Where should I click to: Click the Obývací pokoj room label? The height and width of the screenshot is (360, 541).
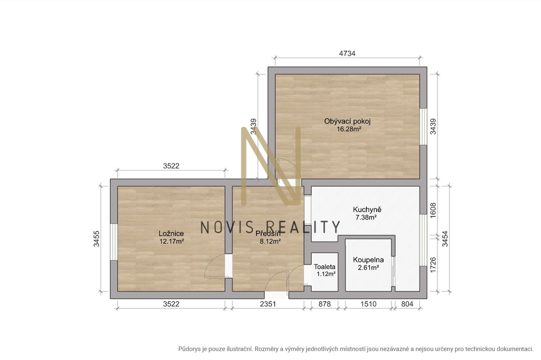(x=348, y=121)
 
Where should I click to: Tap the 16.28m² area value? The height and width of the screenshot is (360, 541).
(x=349, y=129)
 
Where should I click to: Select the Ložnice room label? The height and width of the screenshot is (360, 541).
(x=171, y=233)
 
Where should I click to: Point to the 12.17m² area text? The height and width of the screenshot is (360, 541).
(x=172, y=241)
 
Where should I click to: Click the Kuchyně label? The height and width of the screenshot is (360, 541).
(x=367, y=210)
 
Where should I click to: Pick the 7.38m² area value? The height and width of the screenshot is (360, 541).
(x=366, y=217)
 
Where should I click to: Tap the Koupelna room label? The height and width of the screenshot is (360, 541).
(x=368, y=260)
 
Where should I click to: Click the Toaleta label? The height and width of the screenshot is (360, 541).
(x=325, y=267)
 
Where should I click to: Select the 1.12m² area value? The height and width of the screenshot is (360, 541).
(x=326, y=274)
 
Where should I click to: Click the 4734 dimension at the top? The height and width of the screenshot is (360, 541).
(x=347, y=53)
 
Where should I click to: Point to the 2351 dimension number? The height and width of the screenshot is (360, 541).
(x=268, y=304)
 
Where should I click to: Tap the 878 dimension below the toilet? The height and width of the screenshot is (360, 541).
(x=324, y=304)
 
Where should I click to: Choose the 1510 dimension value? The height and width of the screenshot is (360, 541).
(x=368, y=304)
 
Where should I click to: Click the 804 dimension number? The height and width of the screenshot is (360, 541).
(x=407, y=304)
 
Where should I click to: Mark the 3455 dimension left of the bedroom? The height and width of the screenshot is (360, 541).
(x=97, y=239)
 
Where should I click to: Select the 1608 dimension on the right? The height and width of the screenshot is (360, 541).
(x=433, y=210)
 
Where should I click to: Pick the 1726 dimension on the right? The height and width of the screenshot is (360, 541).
(x=433, y=265)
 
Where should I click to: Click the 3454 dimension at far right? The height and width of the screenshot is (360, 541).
(x=445, y=239)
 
